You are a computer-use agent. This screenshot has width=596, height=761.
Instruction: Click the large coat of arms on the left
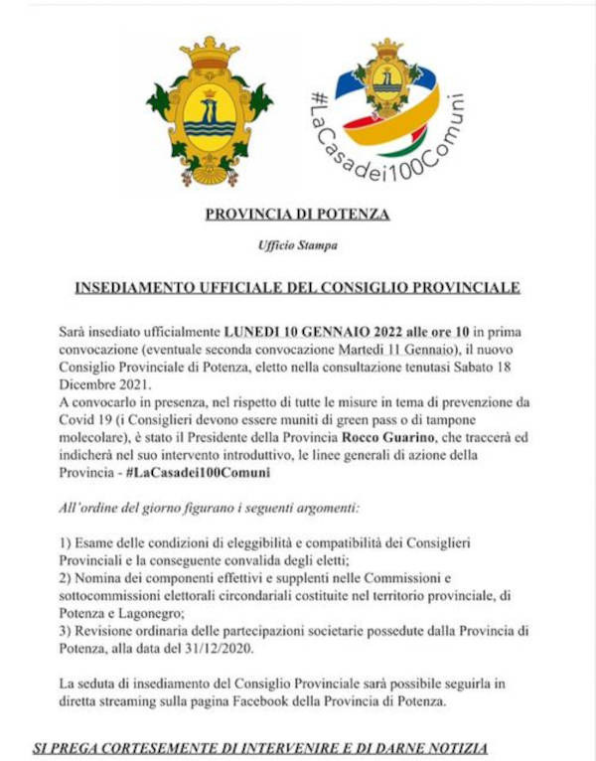coord(209,111)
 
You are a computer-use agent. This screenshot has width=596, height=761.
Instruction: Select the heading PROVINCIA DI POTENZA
coord(297,214)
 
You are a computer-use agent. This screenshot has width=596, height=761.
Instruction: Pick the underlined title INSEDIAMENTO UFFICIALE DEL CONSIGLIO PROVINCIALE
coord(297,288)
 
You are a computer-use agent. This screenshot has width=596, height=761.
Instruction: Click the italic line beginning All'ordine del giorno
coord(209,508)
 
